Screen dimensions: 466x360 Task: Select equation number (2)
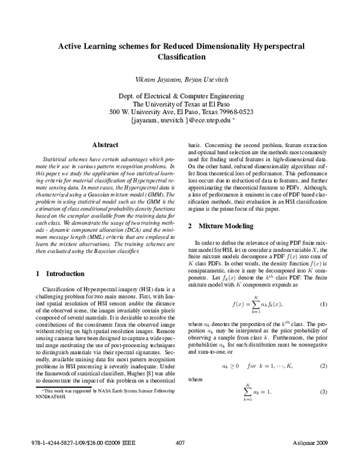point(323,366)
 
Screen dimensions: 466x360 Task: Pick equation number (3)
point(323,392)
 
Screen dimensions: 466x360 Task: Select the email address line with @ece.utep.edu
point(181,120)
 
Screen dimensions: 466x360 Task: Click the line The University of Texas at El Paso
point(181,103)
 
